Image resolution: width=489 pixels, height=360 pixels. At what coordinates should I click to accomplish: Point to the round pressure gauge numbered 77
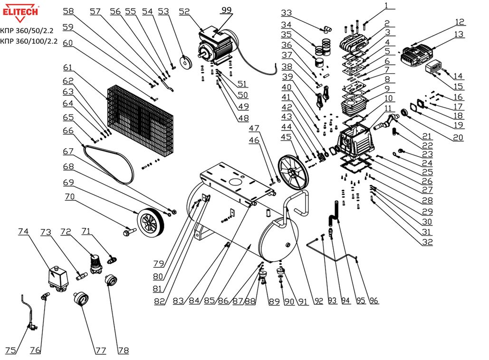(82, 301)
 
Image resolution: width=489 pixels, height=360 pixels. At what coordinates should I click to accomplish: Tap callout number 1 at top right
(387, 6)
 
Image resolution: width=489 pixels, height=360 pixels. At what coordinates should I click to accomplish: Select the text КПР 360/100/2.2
(29, 41)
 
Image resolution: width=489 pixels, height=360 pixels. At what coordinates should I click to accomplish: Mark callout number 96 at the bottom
(374, 300)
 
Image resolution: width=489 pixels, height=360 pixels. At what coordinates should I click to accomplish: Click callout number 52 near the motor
(184, 12)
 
